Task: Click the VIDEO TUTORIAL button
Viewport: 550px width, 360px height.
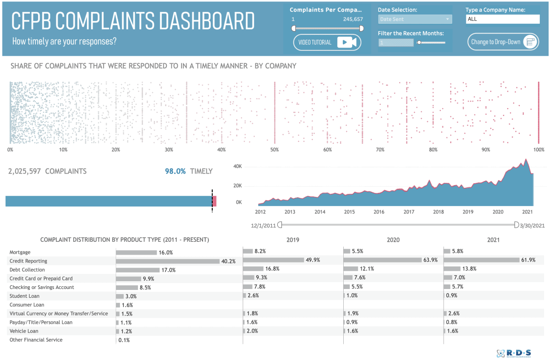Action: (327, 42)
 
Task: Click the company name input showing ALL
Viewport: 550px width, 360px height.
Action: (503, 19)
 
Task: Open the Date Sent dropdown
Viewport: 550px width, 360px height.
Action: (415, 19)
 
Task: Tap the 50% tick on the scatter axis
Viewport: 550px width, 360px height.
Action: (274, 150)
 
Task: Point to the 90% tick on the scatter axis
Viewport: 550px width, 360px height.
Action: (486, 150)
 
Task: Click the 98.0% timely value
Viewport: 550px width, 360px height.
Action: (176, 171)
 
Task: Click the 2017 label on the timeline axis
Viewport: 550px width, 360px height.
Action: (409, 212)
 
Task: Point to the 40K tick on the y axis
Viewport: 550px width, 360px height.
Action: (237, 166)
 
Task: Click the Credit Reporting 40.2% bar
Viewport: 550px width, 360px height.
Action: (168, 261)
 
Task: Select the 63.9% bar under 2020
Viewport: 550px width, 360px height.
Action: (382, 260)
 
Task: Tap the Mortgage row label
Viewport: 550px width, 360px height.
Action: (20, 252)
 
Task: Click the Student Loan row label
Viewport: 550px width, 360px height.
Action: (25, 296)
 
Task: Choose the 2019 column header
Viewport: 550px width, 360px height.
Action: (293, 240)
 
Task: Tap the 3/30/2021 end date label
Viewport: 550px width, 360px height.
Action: (532, 225)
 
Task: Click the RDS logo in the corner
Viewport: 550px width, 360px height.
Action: (514, 353)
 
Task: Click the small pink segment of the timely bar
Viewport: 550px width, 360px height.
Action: (214, 201)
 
